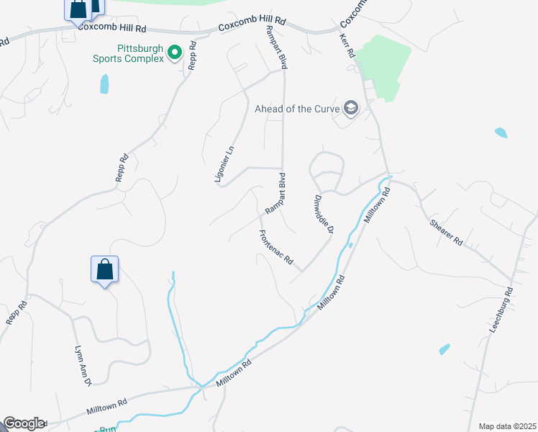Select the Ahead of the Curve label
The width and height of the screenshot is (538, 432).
(298, 109)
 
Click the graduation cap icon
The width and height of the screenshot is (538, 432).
(351, 109)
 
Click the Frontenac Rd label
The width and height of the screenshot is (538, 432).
(276, 246)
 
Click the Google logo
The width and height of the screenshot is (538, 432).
(24, 423)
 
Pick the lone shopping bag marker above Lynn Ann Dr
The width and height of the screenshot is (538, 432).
(104, 270)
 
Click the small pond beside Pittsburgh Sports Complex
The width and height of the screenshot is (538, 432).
(105, 84)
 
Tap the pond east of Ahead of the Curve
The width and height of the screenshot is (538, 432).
(501, 132)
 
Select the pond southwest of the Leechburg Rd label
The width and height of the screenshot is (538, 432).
(444, 349)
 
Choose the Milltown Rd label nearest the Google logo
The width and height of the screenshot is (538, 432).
(106, 408)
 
